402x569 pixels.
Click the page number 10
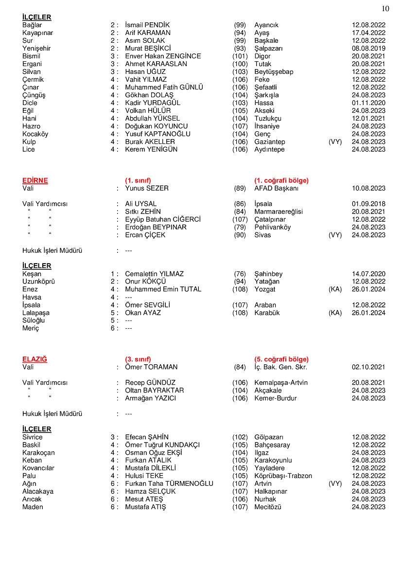(x=385, y=8)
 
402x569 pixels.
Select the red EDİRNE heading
(x=35, y=180)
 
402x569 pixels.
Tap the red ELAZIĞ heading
(x=35, y=359)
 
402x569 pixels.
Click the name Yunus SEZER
(x=147, y=188)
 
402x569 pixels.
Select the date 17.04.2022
(x=368, y=33)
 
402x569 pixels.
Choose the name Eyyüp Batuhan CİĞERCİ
(x=162, y=219)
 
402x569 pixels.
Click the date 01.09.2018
(x=368, y=204)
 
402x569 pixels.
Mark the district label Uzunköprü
(x=38, y=282)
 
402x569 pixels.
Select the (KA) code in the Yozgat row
(x=335, y=289)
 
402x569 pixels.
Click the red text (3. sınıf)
(x=138, y=359)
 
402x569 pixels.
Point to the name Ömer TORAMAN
(x=151, y=367)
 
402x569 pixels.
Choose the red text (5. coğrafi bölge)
(x=281, y=359)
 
